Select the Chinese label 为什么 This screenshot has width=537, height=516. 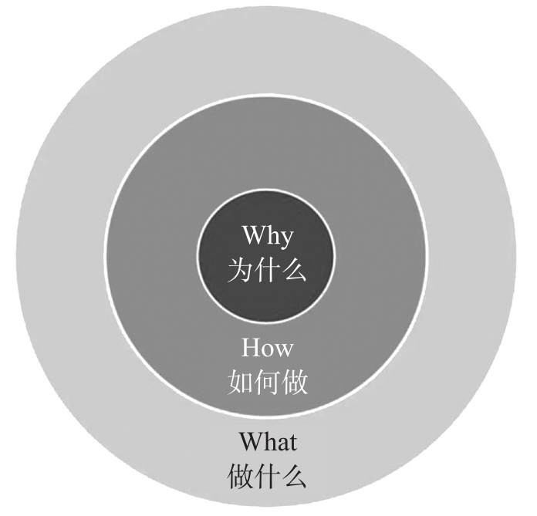coord(267,270)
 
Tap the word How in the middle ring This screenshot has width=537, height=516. coord(267,348)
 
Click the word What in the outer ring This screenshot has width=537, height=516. coord(267,443)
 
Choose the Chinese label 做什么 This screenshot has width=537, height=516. coord(267,477)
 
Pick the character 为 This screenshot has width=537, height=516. coord(240,270)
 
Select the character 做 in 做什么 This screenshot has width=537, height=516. coord(241,477)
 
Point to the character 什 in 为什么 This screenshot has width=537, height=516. coord(267,270)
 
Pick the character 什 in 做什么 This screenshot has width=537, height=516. coord(267,477)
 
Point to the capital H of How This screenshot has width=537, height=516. coord(252,348)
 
